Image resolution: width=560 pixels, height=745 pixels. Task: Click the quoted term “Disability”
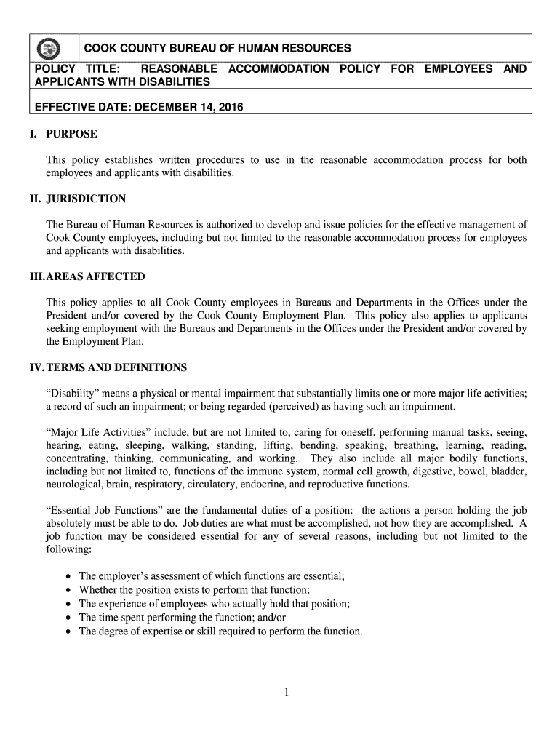(73, 393)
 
